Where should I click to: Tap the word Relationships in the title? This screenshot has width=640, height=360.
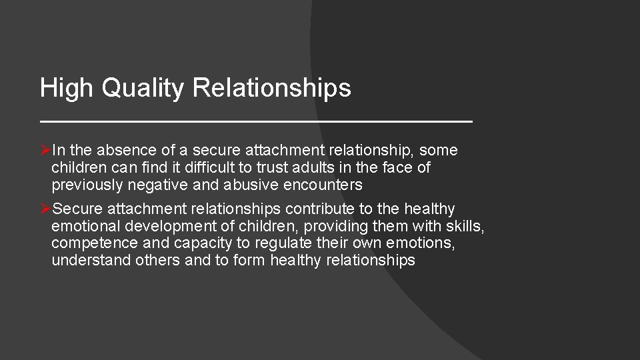coord(272,88)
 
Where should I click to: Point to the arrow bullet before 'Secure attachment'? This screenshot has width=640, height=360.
coord(45,209)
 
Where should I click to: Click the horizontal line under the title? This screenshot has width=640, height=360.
coord(256,122)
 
